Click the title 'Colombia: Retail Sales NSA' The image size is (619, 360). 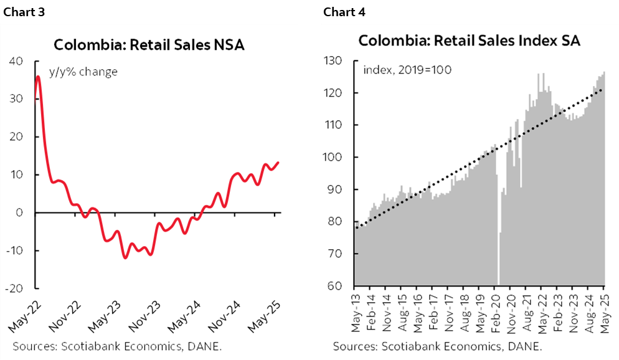pos(149,45)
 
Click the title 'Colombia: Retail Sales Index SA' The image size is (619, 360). pos(469,41)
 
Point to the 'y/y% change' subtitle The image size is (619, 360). pos(83,72)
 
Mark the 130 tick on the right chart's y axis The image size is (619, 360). pos(334,61)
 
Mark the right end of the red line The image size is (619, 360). pos(278,163)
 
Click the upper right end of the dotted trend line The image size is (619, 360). pos(602,89)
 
